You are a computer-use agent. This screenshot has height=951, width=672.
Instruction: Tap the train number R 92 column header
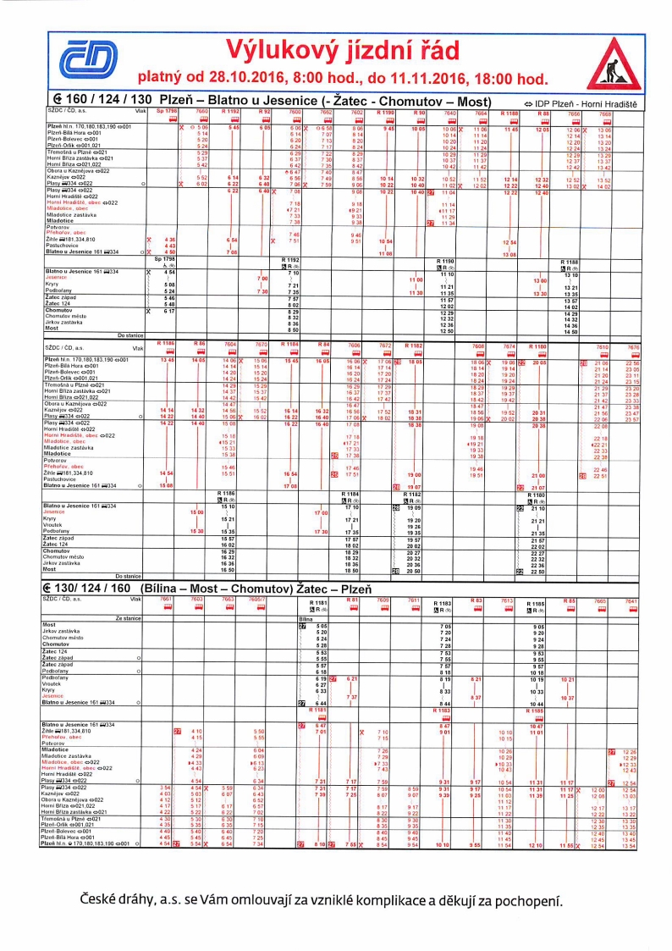[x=265, y=111]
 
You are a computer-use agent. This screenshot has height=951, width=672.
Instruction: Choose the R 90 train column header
[x=419, y=111]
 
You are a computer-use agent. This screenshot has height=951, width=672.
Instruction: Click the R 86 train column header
[x=200, y=342]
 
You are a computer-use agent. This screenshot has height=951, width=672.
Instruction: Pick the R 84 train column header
[x=323, y=342]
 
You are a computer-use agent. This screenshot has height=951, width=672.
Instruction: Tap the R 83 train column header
[x=476, y=600]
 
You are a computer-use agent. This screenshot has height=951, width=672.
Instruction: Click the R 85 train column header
[x=569, y=600]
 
